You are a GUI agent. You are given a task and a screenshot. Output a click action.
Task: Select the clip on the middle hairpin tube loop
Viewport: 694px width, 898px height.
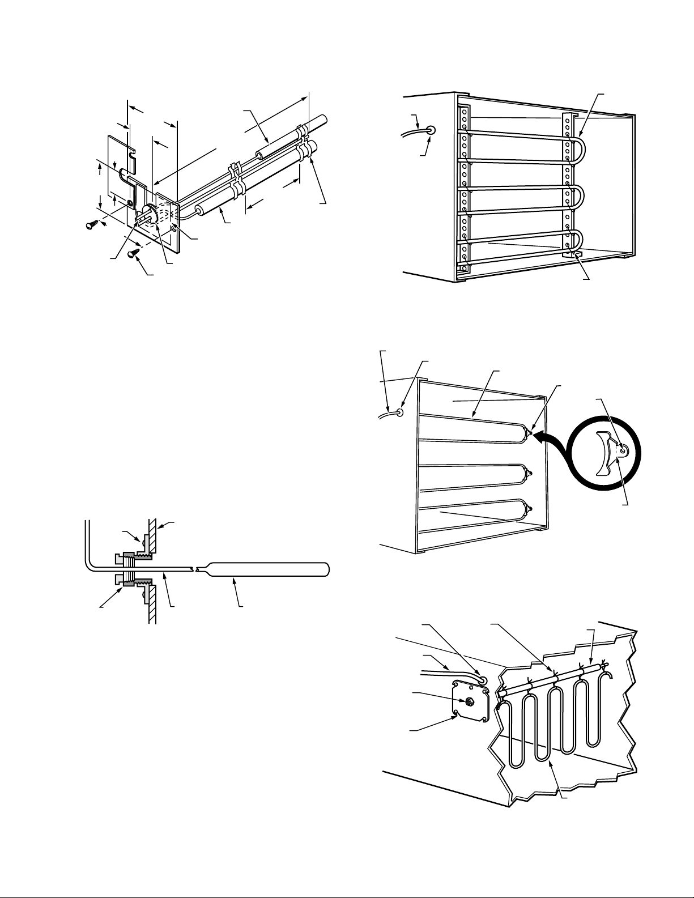(x=529, y=471)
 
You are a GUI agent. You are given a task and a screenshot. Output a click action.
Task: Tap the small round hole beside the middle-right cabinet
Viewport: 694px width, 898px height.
(x=401, y=412)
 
